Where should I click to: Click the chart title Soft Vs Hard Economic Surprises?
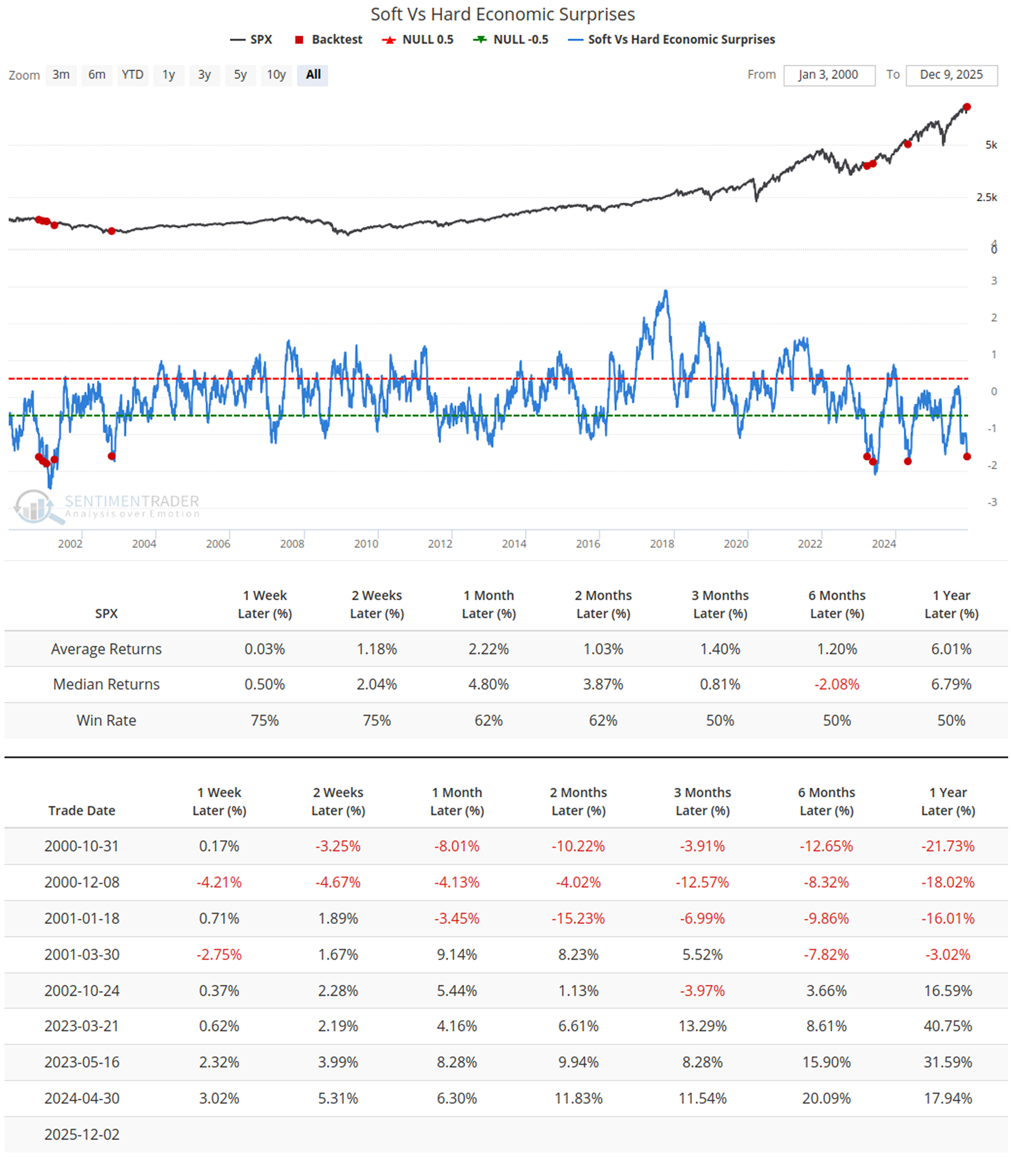(x=502, y=14)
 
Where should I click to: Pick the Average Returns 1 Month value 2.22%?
(x=488, y=649)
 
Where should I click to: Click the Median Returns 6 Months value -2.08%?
(x=837, y=684)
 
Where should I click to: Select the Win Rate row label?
(x=106, y=720)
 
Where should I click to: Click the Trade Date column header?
(x=82, y=811)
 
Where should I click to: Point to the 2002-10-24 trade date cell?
(x=82, y=990)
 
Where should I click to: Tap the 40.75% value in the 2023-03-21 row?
(x=948, y=1026)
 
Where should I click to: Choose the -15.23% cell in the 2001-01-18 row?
(x=578, y=918)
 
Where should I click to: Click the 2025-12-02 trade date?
(x=82, y=1135)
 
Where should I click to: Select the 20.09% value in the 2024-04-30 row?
(x=826, y=1098)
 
